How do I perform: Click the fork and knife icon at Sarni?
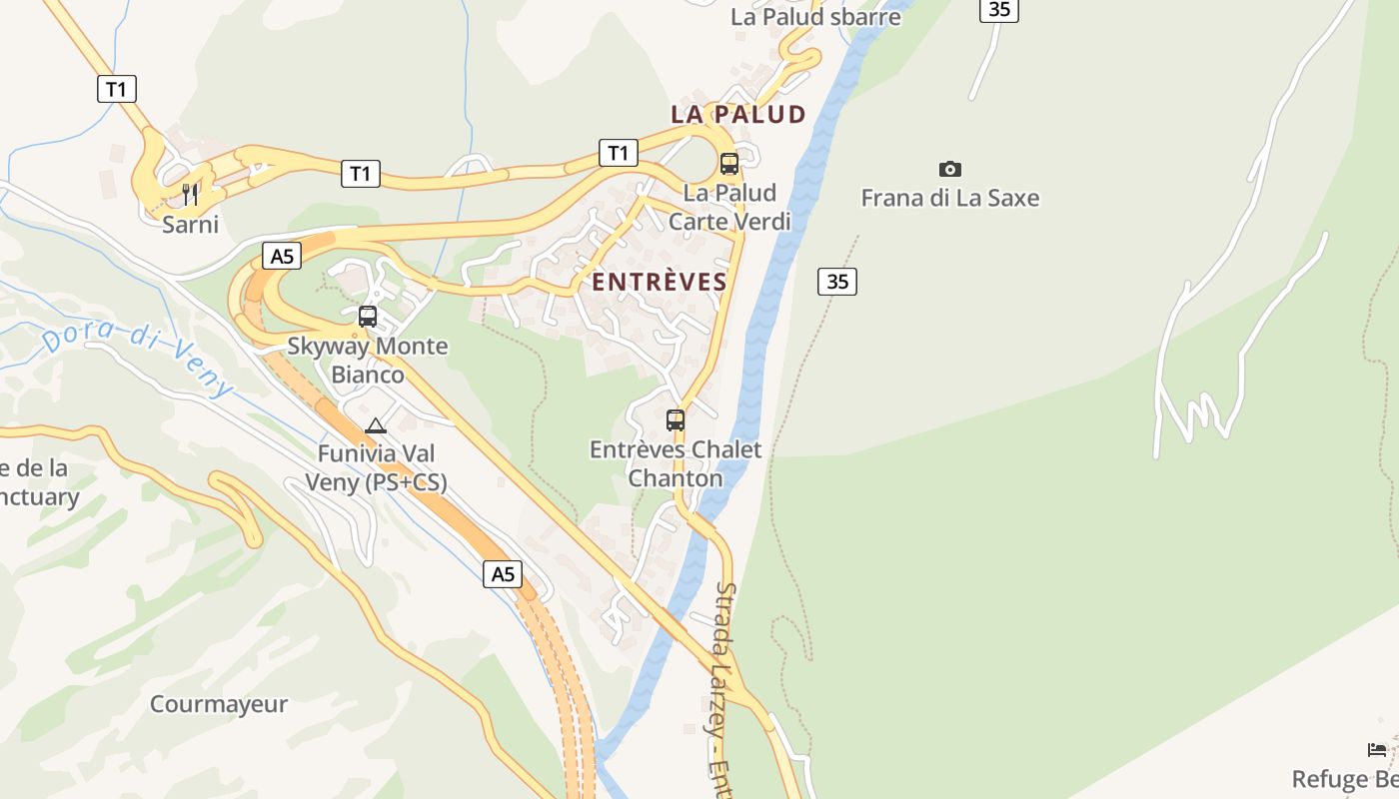tap(190, 193)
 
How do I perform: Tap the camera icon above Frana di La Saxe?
tap(950, 169)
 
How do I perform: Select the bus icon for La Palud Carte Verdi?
tap(729, 164)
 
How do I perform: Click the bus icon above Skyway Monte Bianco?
tap(368, 317)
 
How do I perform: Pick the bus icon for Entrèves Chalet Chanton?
tap(676, 420)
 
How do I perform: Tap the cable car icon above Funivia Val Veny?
tap(376, 426)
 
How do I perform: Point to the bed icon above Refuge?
tap(1377, 750)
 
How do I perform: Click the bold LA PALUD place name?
tap(738, 114)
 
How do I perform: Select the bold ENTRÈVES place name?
tap(660, 283)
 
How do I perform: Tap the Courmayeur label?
tap(219, 704)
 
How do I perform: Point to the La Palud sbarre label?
tap(815, 17)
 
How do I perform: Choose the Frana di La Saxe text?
tap(950, 198)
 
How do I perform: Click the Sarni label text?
tap(190, 224)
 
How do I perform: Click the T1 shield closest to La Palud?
tap(619, 153)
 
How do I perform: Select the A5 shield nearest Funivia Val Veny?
tap(503, 574)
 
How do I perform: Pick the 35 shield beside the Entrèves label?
tap(837, 282)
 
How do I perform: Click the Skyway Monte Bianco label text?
tap(368, 361)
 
